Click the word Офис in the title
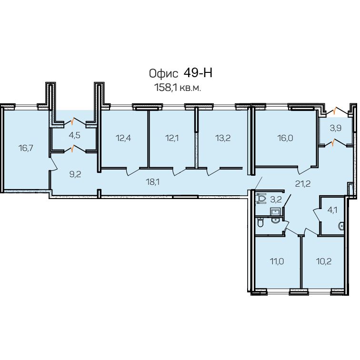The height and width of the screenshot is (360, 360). [x=163, y=74]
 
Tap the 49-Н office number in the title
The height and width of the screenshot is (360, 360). [x=198, y=73]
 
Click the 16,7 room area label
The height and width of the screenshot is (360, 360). [x=26, y=148]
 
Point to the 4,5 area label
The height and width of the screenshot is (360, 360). [x=75, y=135]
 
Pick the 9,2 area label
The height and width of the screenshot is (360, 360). [x=75, y=174]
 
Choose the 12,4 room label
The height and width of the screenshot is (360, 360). [x=123, y=138]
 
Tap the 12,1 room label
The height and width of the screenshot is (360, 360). [x=172, y=138]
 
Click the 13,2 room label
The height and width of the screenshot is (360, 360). [x=223, y=138]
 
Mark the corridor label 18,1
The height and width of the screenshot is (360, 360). [x=153, y=182]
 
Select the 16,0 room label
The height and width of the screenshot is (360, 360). [x=285, y=138]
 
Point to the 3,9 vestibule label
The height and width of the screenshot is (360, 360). [x=336, y=128]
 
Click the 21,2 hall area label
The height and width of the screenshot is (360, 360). [x=303, y=184]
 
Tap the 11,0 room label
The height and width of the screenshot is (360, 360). [x=277, y=261]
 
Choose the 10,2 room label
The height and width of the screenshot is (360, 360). [x=324, y=261]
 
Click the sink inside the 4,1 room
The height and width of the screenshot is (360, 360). [x=341, y=226]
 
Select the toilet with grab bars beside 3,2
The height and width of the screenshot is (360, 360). [x=261, y=199]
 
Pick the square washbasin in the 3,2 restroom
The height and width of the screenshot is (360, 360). [x=275, y=211]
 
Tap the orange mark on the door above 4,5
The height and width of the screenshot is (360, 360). [x=73, y=121]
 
